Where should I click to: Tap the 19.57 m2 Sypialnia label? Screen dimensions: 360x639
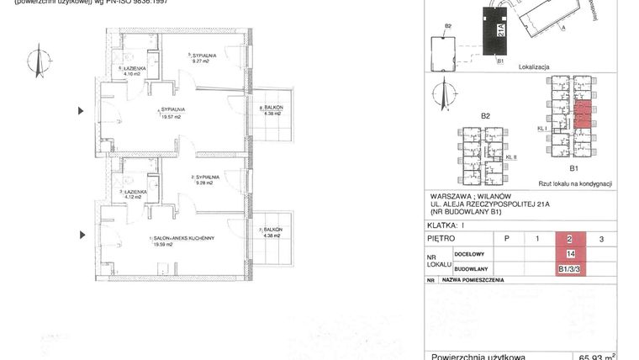[x=172, y=114]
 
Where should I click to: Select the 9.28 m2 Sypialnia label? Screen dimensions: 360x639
[x=204, y=180]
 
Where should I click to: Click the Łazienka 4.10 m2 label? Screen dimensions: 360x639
[x=135, y=71]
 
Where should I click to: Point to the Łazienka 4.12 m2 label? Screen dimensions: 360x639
[x=134, y=194]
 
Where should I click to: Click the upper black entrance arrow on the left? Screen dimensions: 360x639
[x=82, y=110]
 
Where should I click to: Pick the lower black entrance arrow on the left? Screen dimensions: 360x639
[x=82, y=236]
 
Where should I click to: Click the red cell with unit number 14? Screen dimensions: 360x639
[x=570, y=254]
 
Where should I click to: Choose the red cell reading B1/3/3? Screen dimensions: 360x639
[x=570, y=269]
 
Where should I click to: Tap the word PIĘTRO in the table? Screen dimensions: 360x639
[x=442, y=239]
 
